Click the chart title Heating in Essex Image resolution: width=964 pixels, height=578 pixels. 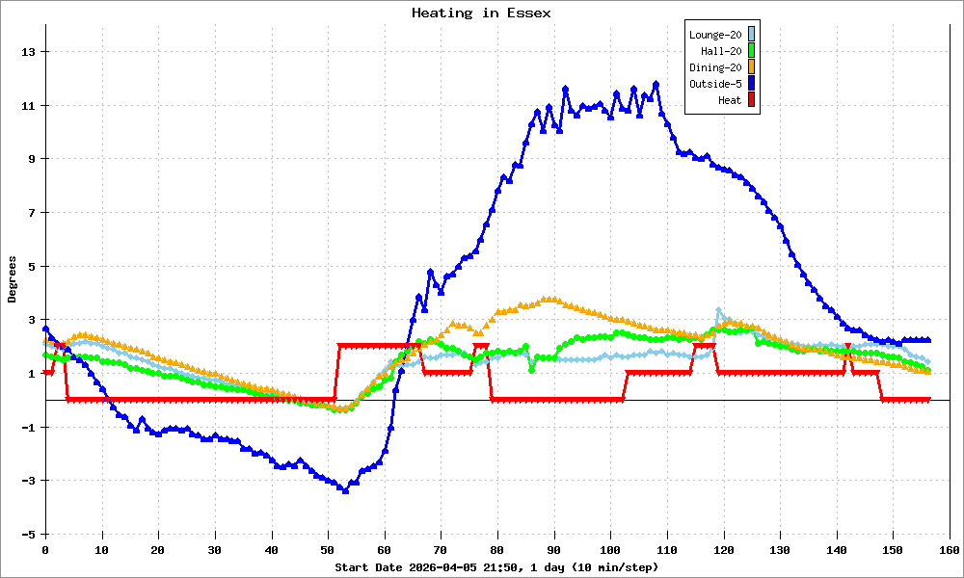point(481,13)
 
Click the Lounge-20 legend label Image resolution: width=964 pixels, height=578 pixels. point(715,35)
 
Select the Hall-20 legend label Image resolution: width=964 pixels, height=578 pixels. point(720,51)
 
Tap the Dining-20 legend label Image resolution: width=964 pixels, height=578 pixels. point(715,67)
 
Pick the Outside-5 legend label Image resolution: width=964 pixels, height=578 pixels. point(715,84)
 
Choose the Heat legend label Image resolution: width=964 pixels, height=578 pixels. point(730,100)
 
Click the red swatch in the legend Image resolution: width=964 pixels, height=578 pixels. point(752,100)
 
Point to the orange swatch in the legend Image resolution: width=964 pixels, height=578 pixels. point(752,67)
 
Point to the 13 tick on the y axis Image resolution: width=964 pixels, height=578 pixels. point(30,52)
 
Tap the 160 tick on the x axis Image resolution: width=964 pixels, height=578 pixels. point(950,550)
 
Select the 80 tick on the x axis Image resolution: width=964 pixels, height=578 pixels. point(497,550)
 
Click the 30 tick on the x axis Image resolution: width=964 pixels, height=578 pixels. point(214,550)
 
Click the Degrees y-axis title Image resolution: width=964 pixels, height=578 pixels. point(13,279)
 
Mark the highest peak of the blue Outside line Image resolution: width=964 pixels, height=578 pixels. point(656,84)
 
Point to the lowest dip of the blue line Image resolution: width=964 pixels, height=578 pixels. point(345,490)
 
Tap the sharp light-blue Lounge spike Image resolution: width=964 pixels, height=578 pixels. point(718,310)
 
